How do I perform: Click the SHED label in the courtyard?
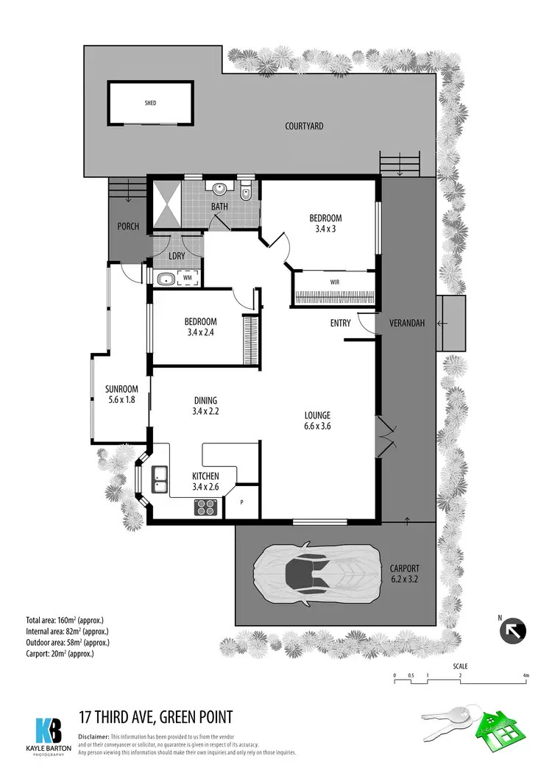150,104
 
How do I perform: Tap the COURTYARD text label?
304,126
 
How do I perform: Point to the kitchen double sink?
160,479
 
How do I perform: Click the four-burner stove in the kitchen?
205,507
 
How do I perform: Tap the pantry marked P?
243,503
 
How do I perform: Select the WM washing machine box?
188,279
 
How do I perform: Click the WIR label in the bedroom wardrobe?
334,281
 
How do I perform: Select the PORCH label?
128,227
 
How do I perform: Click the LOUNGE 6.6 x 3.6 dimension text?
316,421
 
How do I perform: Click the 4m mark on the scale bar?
526,675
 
